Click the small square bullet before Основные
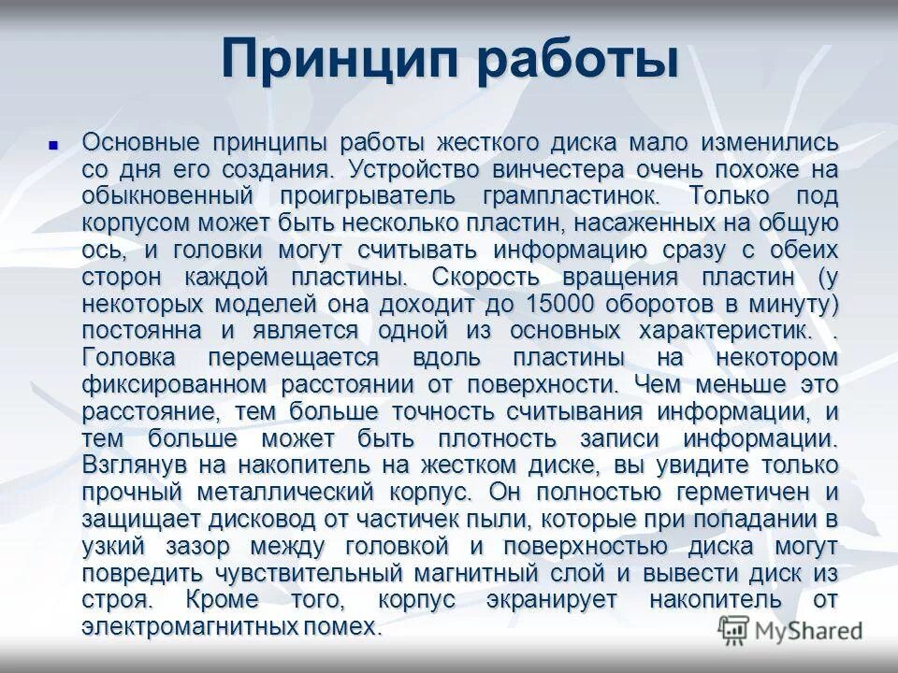coord(53,145)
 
